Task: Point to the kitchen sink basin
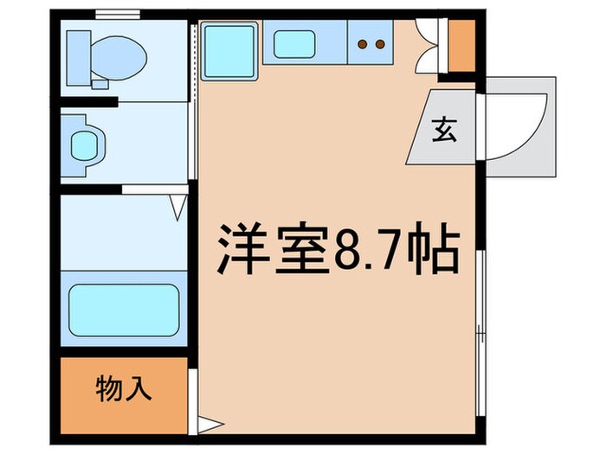click(x=294, y=42)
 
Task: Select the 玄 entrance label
click(x=442, y=131)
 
